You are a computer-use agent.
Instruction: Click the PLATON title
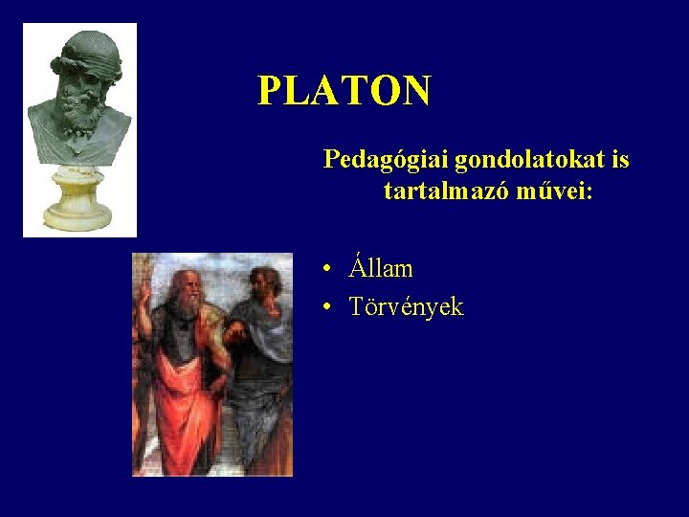[x=344, y=91]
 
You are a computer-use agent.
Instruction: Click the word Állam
[x=381, y=268]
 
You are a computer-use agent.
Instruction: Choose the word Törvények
[x=406, y=307]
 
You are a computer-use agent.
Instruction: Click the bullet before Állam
[x=327, y=269]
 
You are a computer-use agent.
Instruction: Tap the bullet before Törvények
[x=327, y=308]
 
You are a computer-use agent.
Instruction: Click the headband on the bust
[x=90, y=48]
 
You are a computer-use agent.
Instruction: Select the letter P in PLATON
[x=269, y=91]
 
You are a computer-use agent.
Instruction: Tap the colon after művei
[x=589, y=193]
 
